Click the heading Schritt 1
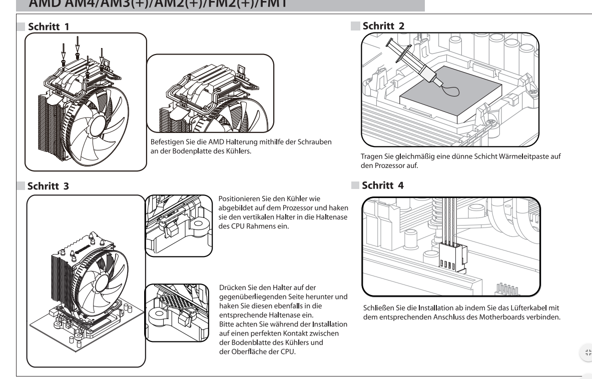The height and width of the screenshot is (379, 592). tap(49, 25)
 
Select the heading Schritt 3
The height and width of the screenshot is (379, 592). tap(49, 186)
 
